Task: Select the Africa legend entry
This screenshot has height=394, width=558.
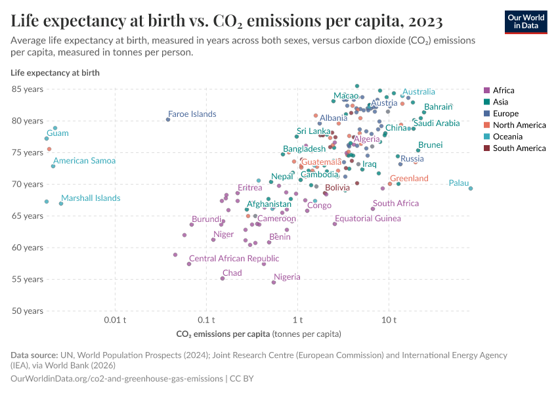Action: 503,91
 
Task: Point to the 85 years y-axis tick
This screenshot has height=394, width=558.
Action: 26,89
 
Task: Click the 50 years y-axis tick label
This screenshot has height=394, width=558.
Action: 26,311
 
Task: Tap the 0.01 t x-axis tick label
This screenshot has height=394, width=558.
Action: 116,321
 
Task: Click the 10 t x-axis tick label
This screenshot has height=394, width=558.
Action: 389,321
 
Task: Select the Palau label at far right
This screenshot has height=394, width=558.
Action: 458,183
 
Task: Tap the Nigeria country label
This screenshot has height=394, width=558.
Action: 287,277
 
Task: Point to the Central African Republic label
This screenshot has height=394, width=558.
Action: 234,259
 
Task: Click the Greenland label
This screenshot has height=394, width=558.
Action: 409,179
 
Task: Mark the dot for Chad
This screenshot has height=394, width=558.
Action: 223,278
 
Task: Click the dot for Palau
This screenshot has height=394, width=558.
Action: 471,188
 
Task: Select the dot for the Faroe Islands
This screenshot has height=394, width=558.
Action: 168,120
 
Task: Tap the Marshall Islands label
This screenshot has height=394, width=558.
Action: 91,198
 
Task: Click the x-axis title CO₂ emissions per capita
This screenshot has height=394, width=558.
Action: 223,334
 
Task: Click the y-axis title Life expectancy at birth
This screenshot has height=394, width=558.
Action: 55,73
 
